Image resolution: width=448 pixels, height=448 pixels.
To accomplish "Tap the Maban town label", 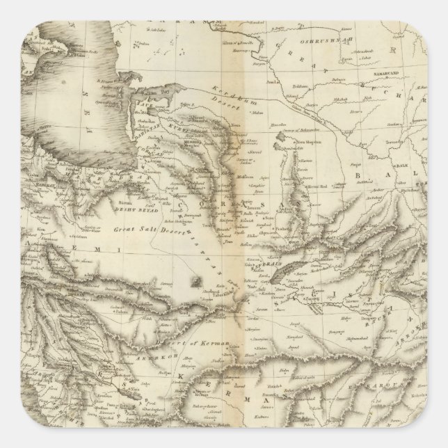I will coord(241,129).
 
